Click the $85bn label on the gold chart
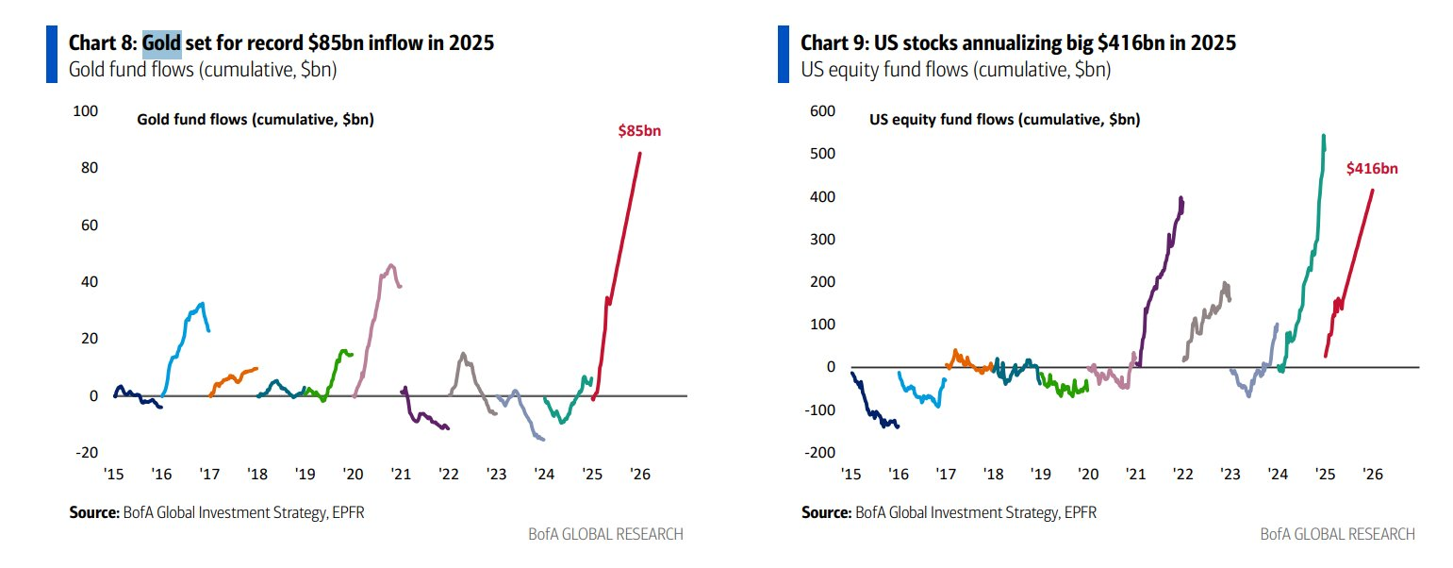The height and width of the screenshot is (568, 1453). [x=638, y=131]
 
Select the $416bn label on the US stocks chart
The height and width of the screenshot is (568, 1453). [x=1371, y=169]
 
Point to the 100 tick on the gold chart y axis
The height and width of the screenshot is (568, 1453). [x=86, y=111]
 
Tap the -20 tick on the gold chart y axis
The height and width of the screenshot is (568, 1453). [x=86, y=453]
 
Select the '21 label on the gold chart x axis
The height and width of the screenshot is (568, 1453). [x=400, y=474]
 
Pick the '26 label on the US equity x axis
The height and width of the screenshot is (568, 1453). [x=1373, y=474]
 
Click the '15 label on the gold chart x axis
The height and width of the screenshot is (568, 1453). [x=114, y=474]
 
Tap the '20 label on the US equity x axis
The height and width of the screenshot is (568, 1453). [x=1087, y=474]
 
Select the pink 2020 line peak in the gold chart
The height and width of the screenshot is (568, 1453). [x=391, y=265]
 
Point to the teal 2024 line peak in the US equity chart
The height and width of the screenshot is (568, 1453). [x=1324, y=137]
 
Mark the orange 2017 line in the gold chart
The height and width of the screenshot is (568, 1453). [x=231, y=378]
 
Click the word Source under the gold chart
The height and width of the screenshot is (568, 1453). [x=92, y=513]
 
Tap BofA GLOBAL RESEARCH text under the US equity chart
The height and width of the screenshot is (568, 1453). [x=1337, y=534]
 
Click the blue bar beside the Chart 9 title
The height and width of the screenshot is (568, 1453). [x=783, y=54]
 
